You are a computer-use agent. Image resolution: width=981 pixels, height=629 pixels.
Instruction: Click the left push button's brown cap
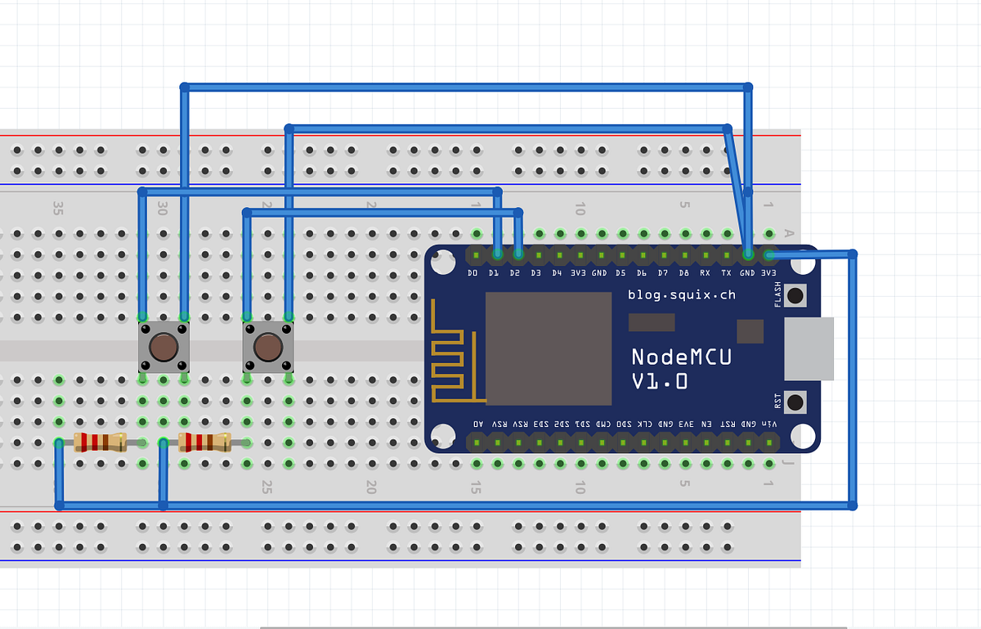163,347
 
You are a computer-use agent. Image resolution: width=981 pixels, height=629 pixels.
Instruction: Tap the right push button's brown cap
267,347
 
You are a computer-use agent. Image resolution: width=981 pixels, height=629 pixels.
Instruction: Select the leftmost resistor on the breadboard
99,443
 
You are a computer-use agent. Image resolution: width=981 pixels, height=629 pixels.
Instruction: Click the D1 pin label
494,272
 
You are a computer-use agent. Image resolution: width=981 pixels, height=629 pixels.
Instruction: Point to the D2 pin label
515,272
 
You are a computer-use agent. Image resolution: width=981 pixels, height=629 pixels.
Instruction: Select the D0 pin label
473,272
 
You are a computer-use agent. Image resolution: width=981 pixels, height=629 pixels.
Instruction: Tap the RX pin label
705,272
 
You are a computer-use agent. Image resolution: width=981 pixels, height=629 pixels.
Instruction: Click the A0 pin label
478,425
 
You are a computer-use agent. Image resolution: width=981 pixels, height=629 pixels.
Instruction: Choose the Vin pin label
769,425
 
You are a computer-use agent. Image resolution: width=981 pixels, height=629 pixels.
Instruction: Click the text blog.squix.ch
681,294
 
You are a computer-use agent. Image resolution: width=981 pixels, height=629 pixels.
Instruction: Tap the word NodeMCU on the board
681,357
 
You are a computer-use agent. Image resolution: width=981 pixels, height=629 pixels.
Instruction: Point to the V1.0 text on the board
660,382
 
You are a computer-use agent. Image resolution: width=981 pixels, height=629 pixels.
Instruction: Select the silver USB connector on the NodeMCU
809,349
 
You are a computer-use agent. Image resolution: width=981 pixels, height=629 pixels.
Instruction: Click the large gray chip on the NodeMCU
549,348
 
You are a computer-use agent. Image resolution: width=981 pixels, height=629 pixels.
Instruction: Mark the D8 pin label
683,272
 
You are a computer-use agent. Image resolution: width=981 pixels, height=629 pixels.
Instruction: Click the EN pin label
706,425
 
